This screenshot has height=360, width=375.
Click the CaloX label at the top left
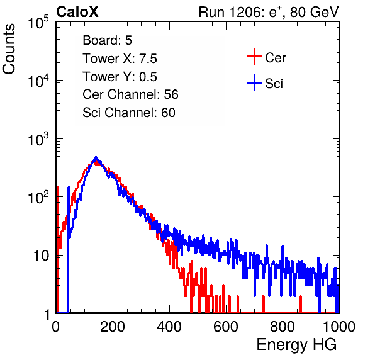point(77,12)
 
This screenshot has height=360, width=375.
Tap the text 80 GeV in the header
point(315,12)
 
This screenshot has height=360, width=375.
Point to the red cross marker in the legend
point(254,57)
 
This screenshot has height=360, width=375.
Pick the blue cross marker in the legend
point(254,83)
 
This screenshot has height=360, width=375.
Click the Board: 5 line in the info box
point(108,40)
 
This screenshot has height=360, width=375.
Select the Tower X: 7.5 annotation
point(120,59)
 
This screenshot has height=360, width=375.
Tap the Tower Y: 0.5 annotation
point(120,77)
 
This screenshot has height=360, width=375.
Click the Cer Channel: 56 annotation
point(130,94)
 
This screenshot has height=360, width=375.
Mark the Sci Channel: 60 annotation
point(129,113)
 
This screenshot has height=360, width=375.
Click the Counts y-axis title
point(9,49)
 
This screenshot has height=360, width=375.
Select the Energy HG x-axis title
point(296,345)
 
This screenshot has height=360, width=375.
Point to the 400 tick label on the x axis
point(169,327)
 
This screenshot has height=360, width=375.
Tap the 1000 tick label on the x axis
point(339,327)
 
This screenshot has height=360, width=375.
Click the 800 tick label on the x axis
point(283,327)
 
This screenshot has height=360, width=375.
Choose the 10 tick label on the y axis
point(41,256)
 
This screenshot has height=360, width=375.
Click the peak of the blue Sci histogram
point(96,157)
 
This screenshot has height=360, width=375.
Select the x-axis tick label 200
point(113,327)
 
